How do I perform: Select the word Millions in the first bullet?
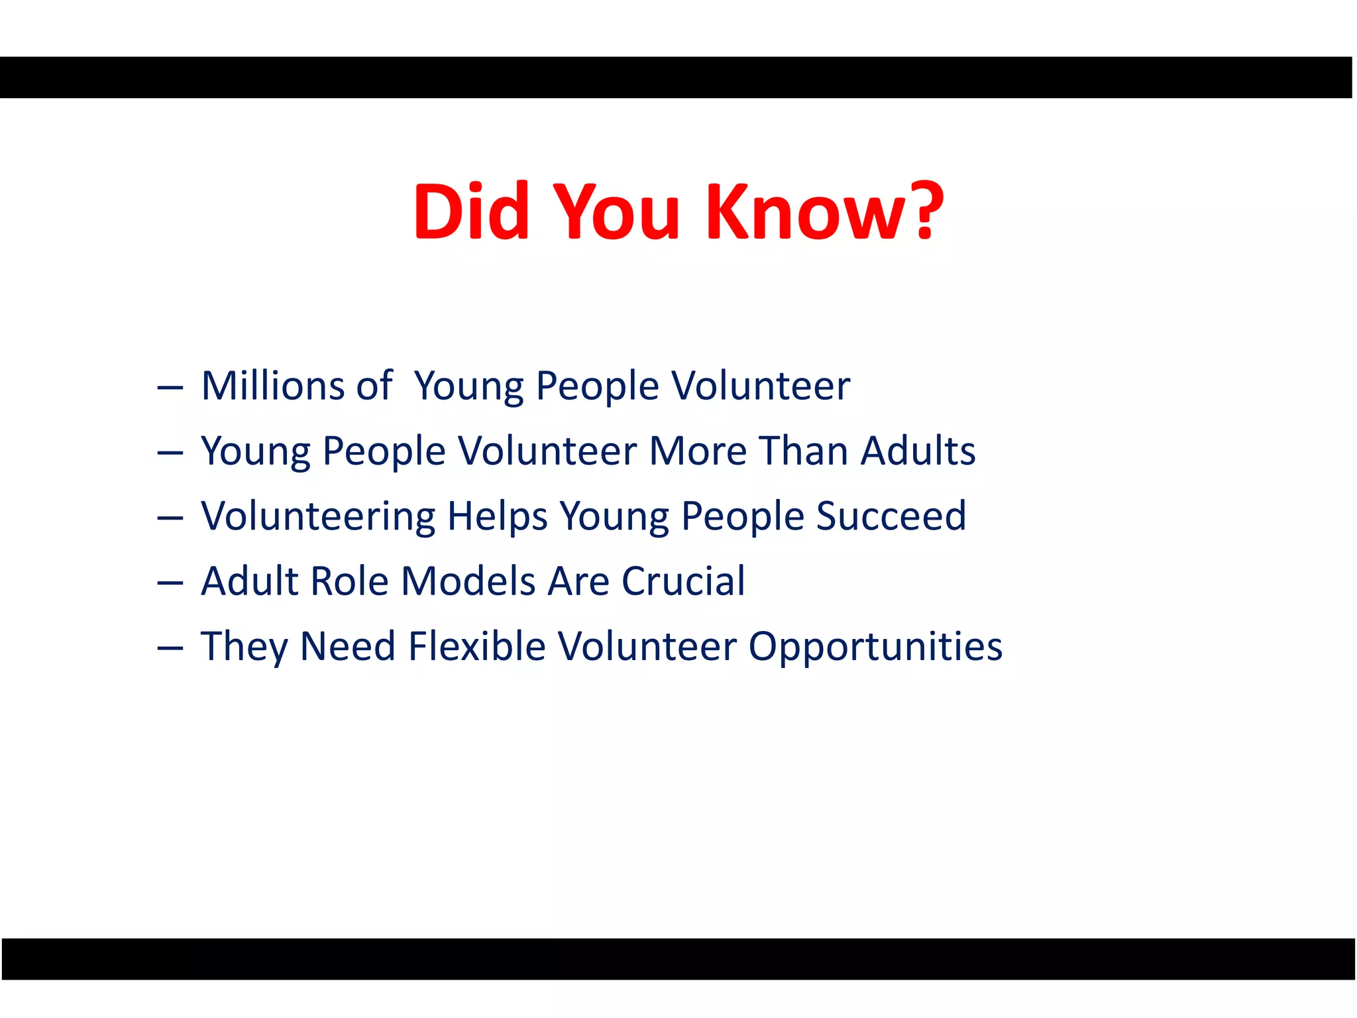tap(273, 386)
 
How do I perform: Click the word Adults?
tap(918, 451)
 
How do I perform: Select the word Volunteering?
tap(318, 516)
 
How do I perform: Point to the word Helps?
tap(497, 516)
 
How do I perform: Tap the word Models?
tap(468, 581)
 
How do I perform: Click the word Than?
tap(804, 451)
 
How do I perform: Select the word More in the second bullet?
tap(698, 451)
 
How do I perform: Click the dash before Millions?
tap(170, 387)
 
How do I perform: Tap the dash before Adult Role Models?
tap(170, 583)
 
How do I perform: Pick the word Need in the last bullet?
tap(348, 646)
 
